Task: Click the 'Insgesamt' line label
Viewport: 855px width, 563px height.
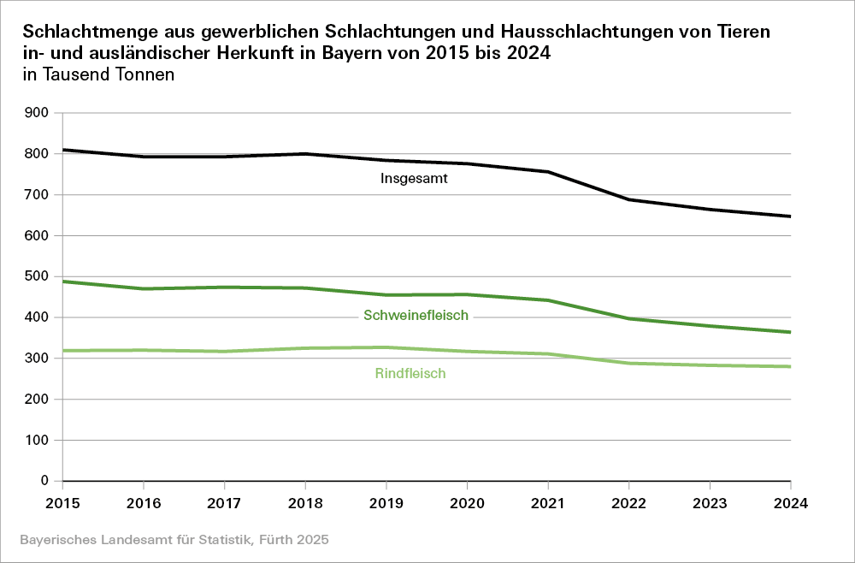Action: (415, 180)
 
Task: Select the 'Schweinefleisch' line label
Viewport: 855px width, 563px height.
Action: (416, 316)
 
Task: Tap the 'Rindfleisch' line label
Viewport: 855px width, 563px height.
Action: (410, 374)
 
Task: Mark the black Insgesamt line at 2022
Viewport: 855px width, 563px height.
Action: (629, 199)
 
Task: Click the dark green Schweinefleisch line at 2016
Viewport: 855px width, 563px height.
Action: (144, 289)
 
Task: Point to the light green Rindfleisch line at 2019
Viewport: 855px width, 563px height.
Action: (386, 347)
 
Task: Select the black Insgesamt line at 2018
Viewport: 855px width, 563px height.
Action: (305, 154)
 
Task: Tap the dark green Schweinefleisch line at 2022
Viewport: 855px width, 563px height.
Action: (629, 318)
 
